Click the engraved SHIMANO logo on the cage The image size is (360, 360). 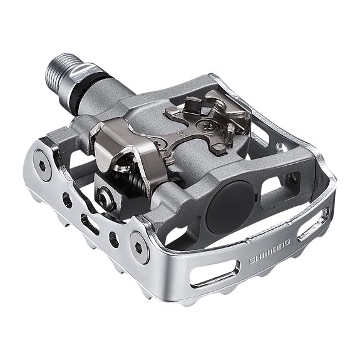pyautogui.click(x=269, y=251)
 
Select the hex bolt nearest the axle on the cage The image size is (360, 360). pyautogui.click(x=42, y=165)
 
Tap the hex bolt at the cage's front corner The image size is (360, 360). pyautogui.click(x=140, y=247)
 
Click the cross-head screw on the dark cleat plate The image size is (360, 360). pyautogui.click(x=205, y=126)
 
